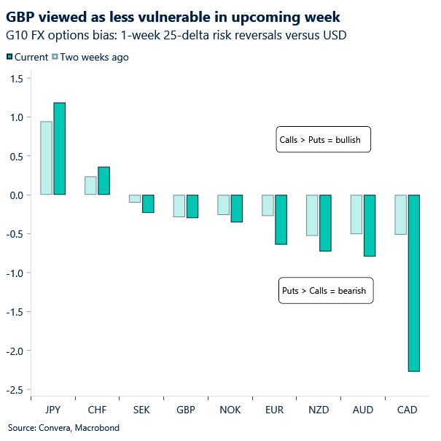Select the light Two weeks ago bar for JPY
(46, 158)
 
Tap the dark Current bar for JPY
(59, 149)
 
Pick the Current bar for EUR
(281, 219)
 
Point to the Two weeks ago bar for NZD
(312, 215)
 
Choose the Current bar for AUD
(370, 225)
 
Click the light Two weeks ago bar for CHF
(90, 186)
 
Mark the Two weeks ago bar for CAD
(400, 214)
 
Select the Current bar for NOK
(237, 208)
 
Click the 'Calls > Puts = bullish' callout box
(324, 139)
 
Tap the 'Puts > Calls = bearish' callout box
(326, 290)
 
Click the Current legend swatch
(9, 57)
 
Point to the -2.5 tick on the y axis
(16, 389)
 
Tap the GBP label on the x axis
(185, 410)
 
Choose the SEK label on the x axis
(141, 410)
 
